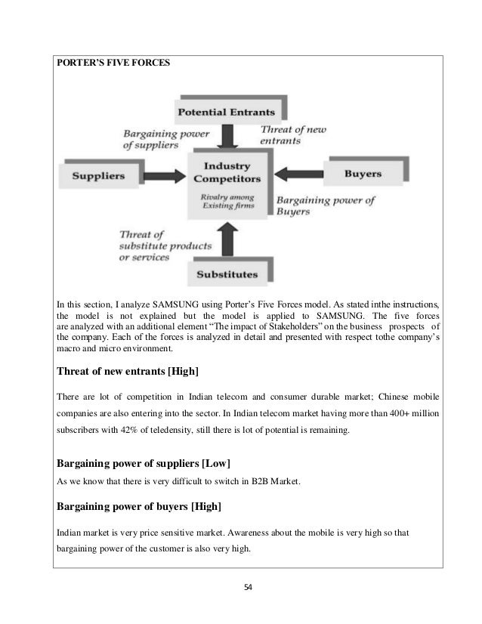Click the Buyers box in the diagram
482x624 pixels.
tap(363, 175)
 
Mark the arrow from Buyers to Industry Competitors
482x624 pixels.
tap(300, 172)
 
